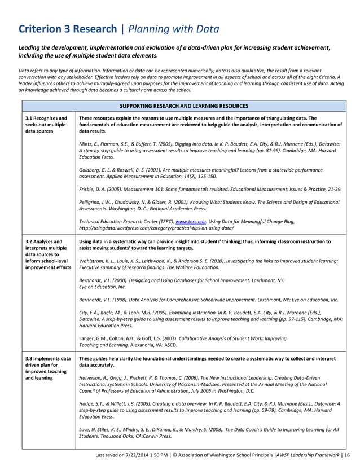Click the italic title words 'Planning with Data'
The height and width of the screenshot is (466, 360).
point(173,29)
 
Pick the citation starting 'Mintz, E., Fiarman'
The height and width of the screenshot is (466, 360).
point(209,151)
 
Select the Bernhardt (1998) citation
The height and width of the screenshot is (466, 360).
point(209,300)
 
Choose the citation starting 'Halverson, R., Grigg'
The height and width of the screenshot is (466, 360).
point(209,384)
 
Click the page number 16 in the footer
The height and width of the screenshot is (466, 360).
point(346,454)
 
